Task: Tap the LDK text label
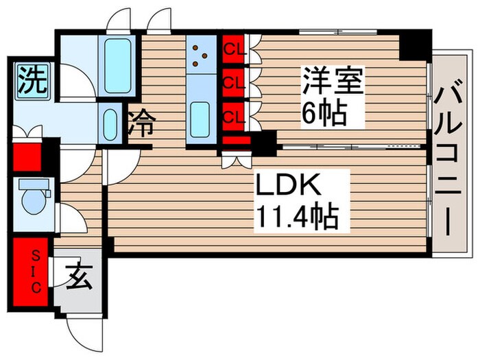(287, 186)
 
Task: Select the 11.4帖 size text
(297, 218)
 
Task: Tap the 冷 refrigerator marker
(141, 125)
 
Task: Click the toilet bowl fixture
(32, 200)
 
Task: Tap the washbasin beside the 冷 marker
(109, 123)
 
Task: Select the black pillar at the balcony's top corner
(414, 45)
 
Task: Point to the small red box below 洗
(27, 156)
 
